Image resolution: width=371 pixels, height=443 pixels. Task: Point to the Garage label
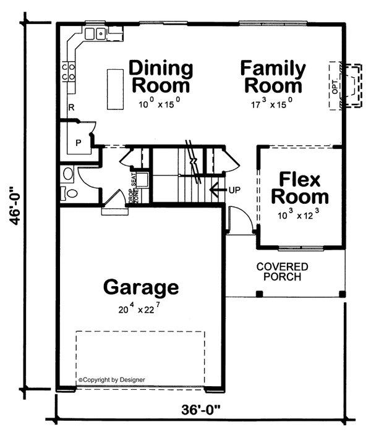(141, 287)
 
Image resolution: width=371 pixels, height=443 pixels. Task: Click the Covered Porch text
(282, 272)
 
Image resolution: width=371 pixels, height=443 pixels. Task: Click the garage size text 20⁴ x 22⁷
(141, 310)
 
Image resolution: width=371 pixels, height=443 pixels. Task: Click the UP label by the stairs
(234, 189)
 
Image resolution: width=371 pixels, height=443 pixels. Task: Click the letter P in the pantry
(78, 142)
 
